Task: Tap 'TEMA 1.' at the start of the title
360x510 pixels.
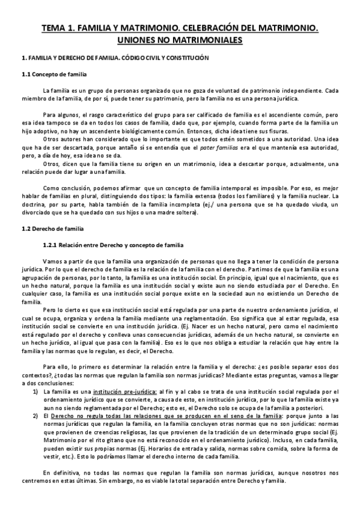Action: click(x=59, y=28)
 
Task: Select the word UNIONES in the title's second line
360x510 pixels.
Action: click(x=139, y=40)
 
